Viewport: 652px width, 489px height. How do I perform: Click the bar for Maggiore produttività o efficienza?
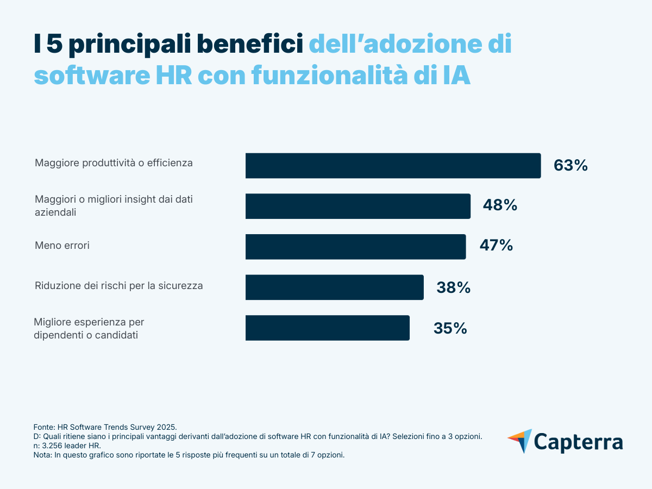coord(393,166)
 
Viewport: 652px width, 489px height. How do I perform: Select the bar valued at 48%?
coord(358,206)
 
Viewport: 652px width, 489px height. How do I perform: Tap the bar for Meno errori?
coord(355,247)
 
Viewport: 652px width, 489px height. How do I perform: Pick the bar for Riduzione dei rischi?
coord(334,287)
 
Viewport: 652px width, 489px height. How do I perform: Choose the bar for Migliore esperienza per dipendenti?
coord(327,328)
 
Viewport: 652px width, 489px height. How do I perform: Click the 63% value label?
coord(570,166)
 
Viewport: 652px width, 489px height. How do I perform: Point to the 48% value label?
coord(500,206)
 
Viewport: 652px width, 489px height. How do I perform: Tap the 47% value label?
coord(496,246)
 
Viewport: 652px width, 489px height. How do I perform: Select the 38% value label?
coord(453,287)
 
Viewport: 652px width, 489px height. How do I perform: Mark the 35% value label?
coord(450,328)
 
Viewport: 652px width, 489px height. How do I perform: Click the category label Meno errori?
coord(62,246)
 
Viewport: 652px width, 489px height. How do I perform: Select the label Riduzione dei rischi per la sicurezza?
coord(118,286)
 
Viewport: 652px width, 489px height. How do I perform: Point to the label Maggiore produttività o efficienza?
coord(114,162)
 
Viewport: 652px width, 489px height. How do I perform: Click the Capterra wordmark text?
coord(579,441)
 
